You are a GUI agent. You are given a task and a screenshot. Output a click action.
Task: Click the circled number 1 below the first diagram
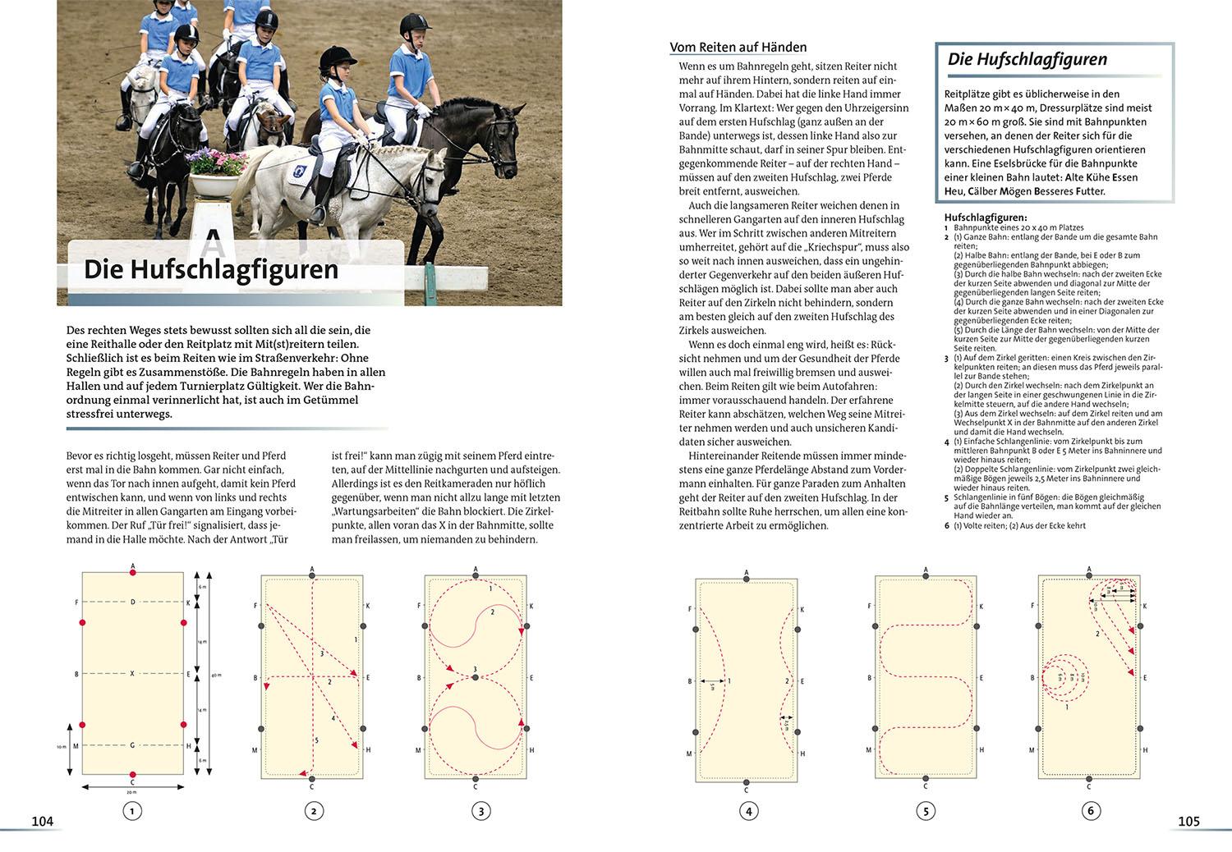(x=131, y=812)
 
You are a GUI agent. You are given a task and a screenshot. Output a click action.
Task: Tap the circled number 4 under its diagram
(x=748, y=812)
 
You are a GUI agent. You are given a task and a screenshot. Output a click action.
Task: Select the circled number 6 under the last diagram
(x=1091, y=812)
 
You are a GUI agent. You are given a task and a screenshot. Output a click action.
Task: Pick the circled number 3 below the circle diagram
(x=480, y=812)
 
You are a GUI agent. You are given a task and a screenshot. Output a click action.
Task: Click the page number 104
(x=42, y=821)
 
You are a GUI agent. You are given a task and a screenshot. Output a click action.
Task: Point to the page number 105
(x=1188, y=821)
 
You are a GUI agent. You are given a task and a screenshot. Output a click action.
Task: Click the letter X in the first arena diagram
(x=132, y=674)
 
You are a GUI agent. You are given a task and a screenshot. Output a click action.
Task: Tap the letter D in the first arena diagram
(x=132, y=602)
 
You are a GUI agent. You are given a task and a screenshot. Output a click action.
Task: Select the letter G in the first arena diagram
(x=132, y=745)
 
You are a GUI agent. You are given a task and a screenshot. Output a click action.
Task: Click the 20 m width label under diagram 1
(x=132, y=793)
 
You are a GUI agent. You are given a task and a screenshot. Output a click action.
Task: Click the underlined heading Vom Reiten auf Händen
(x=738, y=48)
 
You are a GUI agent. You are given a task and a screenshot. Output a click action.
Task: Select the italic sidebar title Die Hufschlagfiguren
(x=1027, y=60)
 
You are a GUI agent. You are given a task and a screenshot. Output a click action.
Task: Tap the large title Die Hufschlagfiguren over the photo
(x=211, y=270)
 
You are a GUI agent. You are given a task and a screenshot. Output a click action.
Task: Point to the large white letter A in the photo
(x=213, y=241)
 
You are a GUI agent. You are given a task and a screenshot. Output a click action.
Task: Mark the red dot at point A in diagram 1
(x=133, y=572)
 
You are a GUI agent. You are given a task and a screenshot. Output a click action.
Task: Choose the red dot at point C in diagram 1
(x=133, y=775)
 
